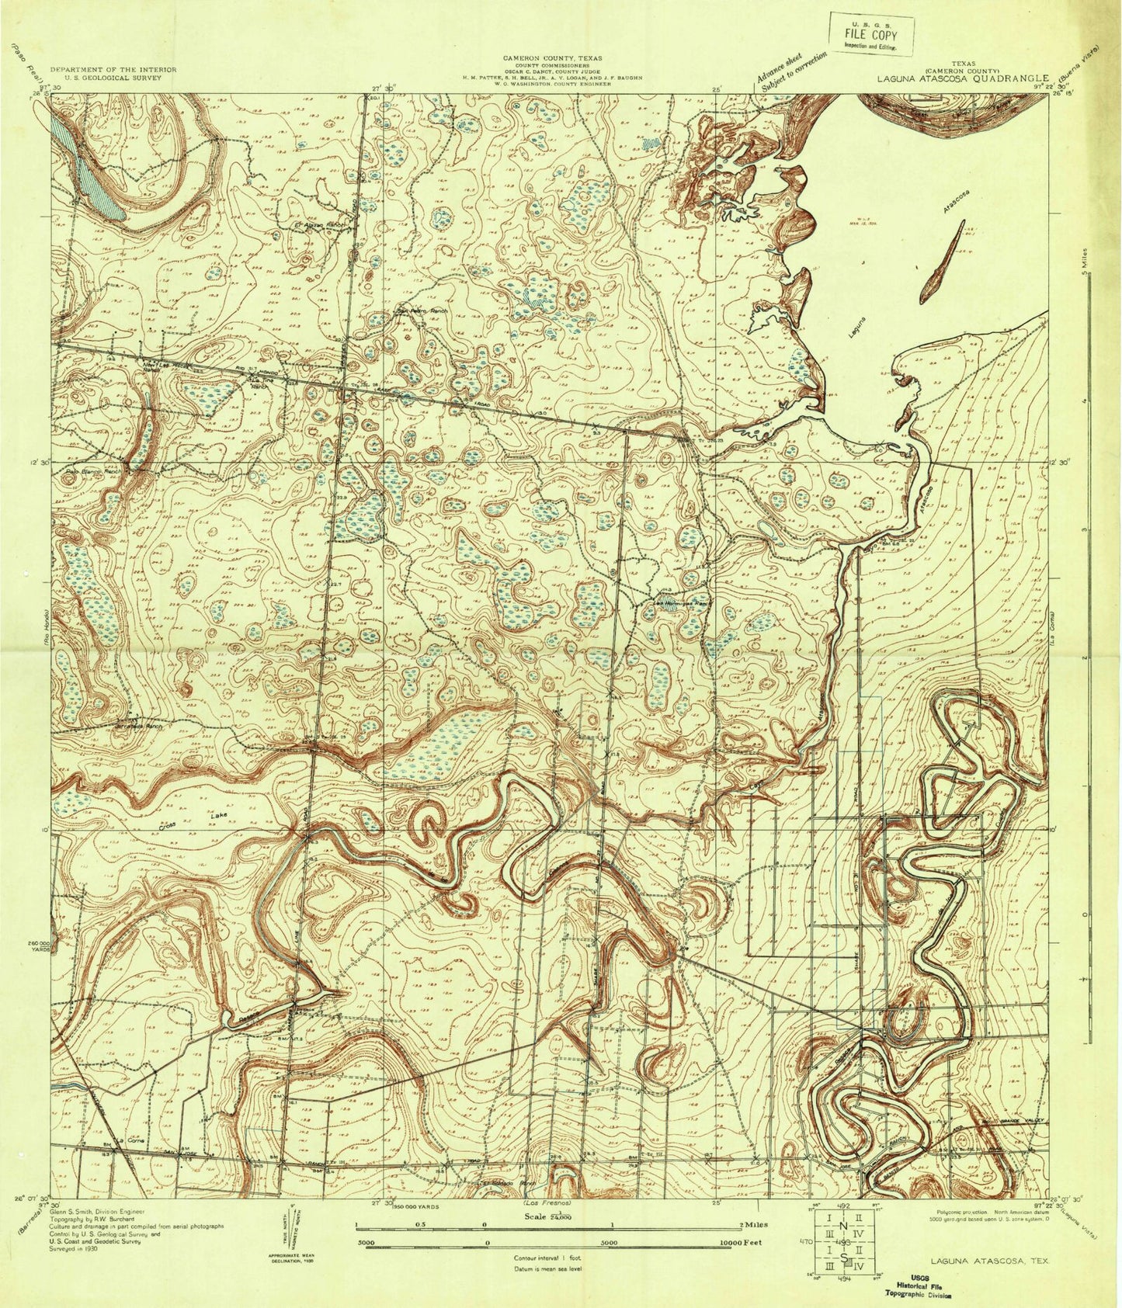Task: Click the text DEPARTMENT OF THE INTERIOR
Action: tap(113, 70)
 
